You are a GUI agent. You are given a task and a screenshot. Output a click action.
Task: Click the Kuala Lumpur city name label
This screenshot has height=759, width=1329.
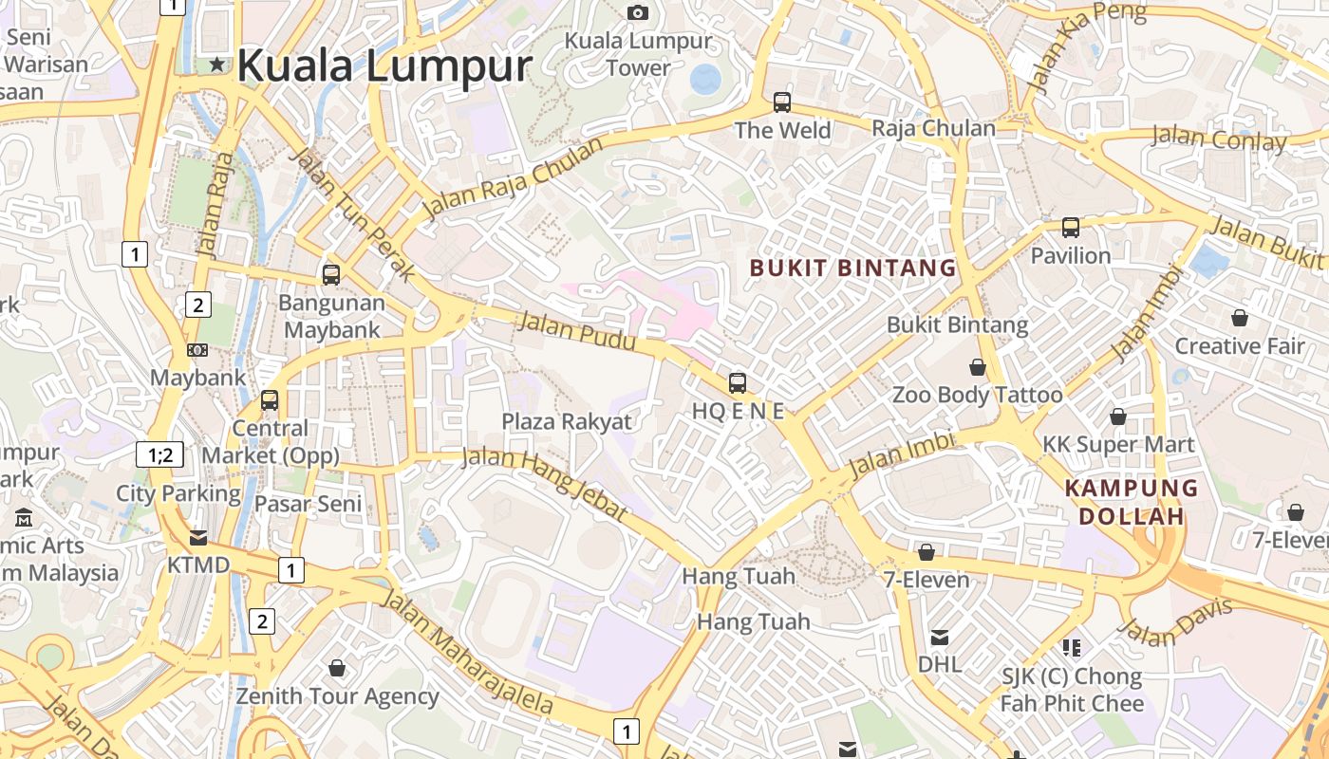click(x=384, y=66)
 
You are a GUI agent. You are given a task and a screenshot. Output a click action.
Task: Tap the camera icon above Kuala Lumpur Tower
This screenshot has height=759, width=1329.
click(x=638, y=12)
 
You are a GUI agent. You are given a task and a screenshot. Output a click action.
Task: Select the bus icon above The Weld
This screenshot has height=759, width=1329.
click(x=782, y=102)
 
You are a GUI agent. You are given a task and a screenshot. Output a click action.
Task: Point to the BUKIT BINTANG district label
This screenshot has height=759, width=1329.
click(x=852, y=268)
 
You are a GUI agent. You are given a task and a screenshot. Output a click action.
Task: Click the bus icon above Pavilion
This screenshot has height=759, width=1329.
click(x=1071, y=228)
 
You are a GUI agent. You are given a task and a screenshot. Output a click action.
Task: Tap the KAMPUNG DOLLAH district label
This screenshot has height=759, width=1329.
click(x=1131, y=502)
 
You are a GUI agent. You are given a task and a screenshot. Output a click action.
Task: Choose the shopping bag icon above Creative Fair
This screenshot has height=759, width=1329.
click(x=1239, y=317)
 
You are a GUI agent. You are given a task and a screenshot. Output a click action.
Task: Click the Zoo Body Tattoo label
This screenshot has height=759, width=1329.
click(x=977, y=395)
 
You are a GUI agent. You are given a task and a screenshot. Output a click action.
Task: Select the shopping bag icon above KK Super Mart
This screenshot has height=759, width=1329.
click(x=1118, y=417)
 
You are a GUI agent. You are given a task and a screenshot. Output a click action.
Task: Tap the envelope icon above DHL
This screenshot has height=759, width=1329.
click(x=939, y=637)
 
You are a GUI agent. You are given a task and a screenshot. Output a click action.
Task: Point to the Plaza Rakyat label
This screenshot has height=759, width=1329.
click(x=566, y=421)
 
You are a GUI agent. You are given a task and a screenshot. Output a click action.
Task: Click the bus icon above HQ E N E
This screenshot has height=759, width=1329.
click(x=738, y=383)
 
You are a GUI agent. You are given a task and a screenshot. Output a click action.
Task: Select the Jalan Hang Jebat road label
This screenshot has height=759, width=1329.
click(x=545, y=484)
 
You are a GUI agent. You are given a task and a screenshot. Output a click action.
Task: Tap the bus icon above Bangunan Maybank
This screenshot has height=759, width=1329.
click(x=331, y=275)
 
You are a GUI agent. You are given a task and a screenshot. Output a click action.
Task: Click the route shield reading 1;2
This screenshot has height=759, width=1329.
click(x=160, y=454)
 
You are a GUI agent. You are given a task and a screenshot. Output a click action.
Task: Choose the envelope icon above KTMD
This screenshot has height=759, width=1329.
click(x=197, y=538)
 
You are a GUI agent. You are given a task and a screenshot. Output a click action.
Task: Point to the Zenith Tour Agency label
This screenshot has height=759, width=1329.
click(x=337, y=696)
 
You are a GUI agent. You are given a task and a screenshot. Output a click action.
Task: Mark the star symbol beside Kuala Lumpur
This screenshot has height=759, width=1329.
click(x=218, y=65)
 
